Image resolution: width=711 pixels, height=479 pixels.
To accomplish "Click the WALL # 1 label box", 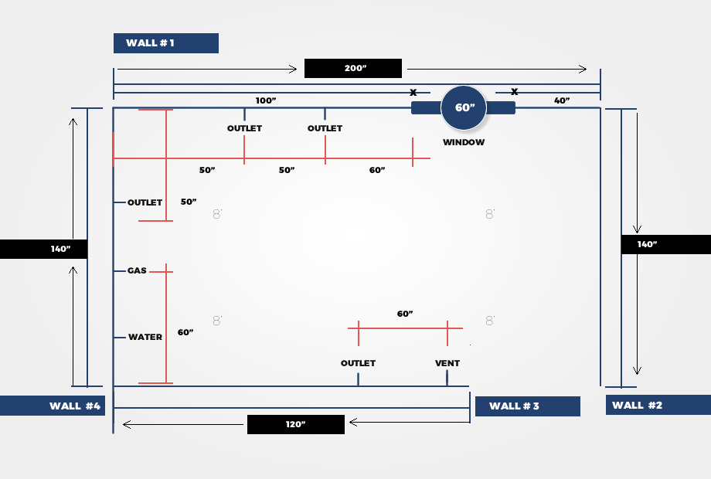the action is tap(166, 43).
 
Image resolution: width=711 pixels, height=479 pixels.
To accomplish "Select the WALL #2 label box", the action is tap(658, 405).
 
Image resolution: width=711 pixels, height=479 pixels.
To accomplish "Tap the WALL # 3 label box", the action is tap(528, 406).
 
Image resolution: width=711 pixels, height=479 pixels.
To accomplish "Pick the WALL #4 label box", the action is tap(53, 406).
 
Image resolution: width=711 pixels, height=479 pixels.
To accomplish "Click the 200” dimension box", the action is tap(353, 69).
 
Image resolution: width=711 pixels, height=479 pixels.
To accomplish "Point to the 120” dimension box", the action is tap(296, 424).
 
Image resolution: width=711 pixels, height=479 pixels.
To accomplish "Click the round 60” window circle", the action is tap(464, 108).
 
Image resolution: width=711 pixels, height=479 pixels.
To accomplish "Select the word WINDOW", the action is tap(464, 142).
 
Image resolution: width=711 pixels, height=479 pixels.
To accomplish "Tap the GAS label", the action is tap(137, 270).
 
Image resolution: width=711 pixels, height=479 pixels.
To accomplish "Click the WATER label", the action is tap(145, 337).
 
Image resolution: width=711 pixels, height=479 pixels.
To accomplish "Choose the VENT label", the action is tap(447, 363).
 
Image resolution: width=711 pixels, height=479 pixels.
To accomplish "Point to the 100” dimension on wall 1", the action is tap(266, 100).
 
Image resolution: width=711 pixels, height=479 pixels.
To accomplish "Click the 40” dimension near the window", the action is tap(562, 100).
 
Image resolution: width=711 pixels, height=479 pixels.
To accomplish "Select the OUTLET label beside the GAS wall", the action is tap(145, 202).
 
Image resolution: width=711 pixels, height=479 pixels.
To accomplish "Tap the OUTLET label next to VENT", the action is tap(359, 363).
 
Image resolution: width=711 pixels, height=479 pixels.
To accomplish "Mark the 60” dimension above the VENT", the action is tap(405, 314).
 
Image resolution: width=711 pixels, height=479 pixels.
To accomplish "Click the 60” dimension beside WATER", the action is tap(185, 332).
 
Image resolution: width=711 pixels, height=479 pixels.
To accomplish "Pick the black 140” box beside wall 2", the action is tap(666, 244).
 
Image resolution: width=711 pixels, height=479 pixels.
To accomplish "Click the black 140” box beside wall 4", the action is tap(43, 250).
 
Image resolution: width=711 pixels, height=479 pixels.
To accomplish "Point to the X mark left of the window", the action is tap(413, 93).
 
